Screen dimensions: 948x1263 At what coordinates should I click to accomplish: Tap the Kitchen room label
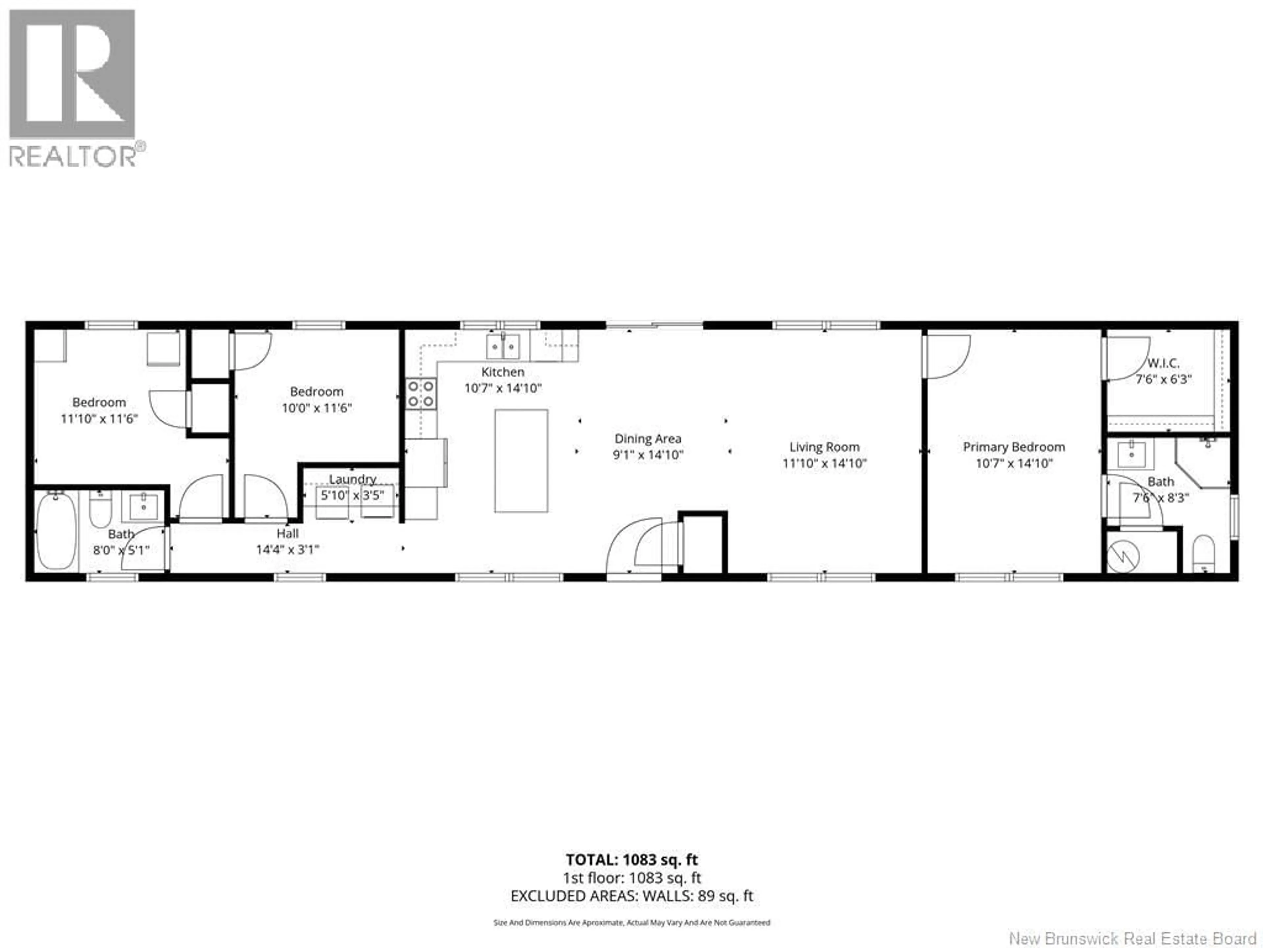point(503,372)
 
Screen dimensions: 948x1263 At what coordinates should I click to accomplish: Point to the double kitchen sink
point(503,346)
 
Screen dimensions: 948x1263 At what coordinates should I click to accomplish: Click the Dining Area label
point(648,439)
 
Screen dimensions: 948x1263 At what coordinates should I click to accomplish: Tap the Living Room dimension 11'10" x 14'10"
point(824,463)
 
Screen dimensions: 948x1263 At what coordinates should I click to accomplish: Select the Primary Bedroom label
point(1013,447)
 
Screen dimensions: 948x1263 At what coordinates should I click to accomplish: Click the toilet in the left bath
point(101,510)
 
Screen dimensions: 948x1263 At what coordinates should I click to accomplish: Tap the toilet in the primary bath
point(1203,553)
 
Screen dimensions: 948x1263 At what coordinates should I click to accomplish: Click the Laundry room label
point(352,479)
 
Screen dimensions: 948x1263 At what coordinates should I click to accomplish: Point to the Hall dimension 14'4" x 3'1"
point(287,550)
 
